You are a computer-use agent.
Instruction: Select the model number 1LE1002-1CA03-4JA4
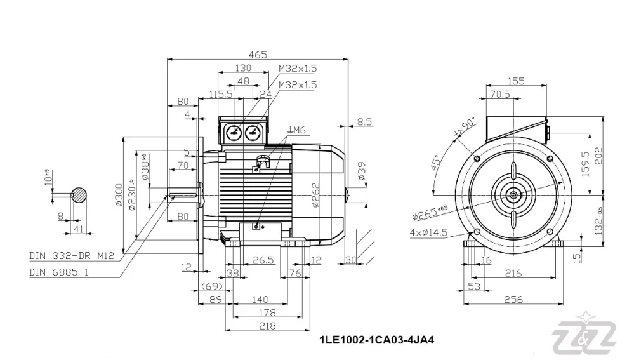coord(376,340)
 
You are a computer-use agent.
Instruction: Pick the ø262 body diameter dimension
coord(315,195)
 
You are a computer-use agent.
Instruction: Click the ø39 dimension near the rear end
coord(362,171)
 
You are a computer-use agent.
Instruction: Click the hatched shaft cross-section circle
coord(79,195)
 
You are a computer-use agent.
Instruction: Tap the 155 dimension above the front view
coord(517,81)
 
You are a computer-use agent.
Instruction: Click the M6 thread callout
coord(297,130)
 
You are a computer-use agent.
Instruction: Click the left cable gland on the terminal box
coord(234,132)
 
